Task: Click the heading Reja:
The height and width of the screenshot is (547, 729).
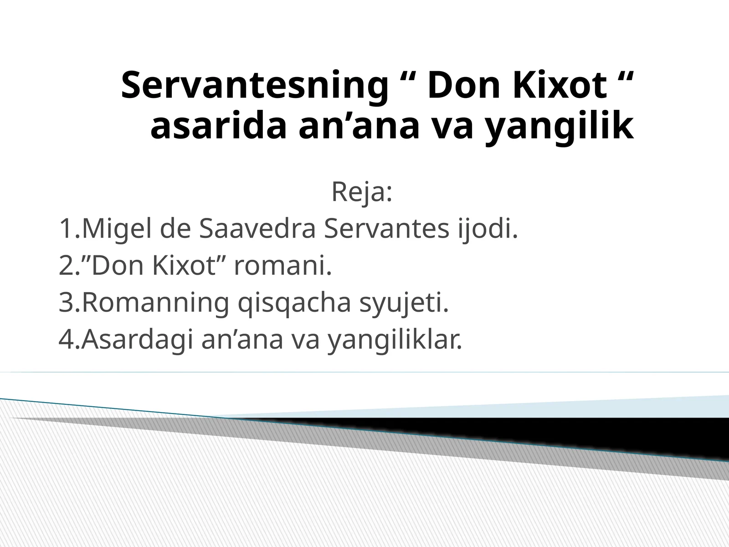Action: pyautogui.click(x=362, y=192)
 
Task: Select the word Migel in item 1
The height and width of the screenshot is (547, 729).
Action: pyautogui.click(x=117, y=229)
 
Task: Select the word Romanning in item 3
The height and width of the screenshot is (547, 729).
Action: pyautogui.click(x=155, y=303)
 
